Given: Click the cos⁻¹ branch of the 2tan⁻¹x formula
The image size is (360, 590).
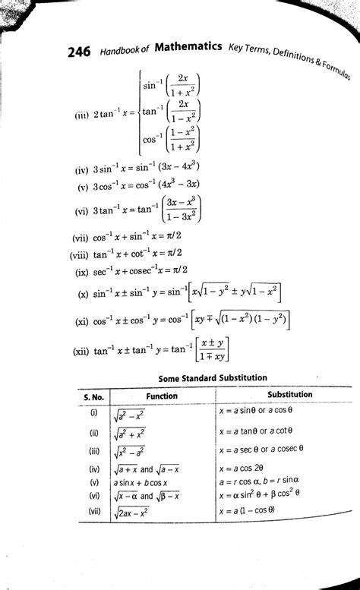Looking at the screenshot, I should click(x=169, y=139).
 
